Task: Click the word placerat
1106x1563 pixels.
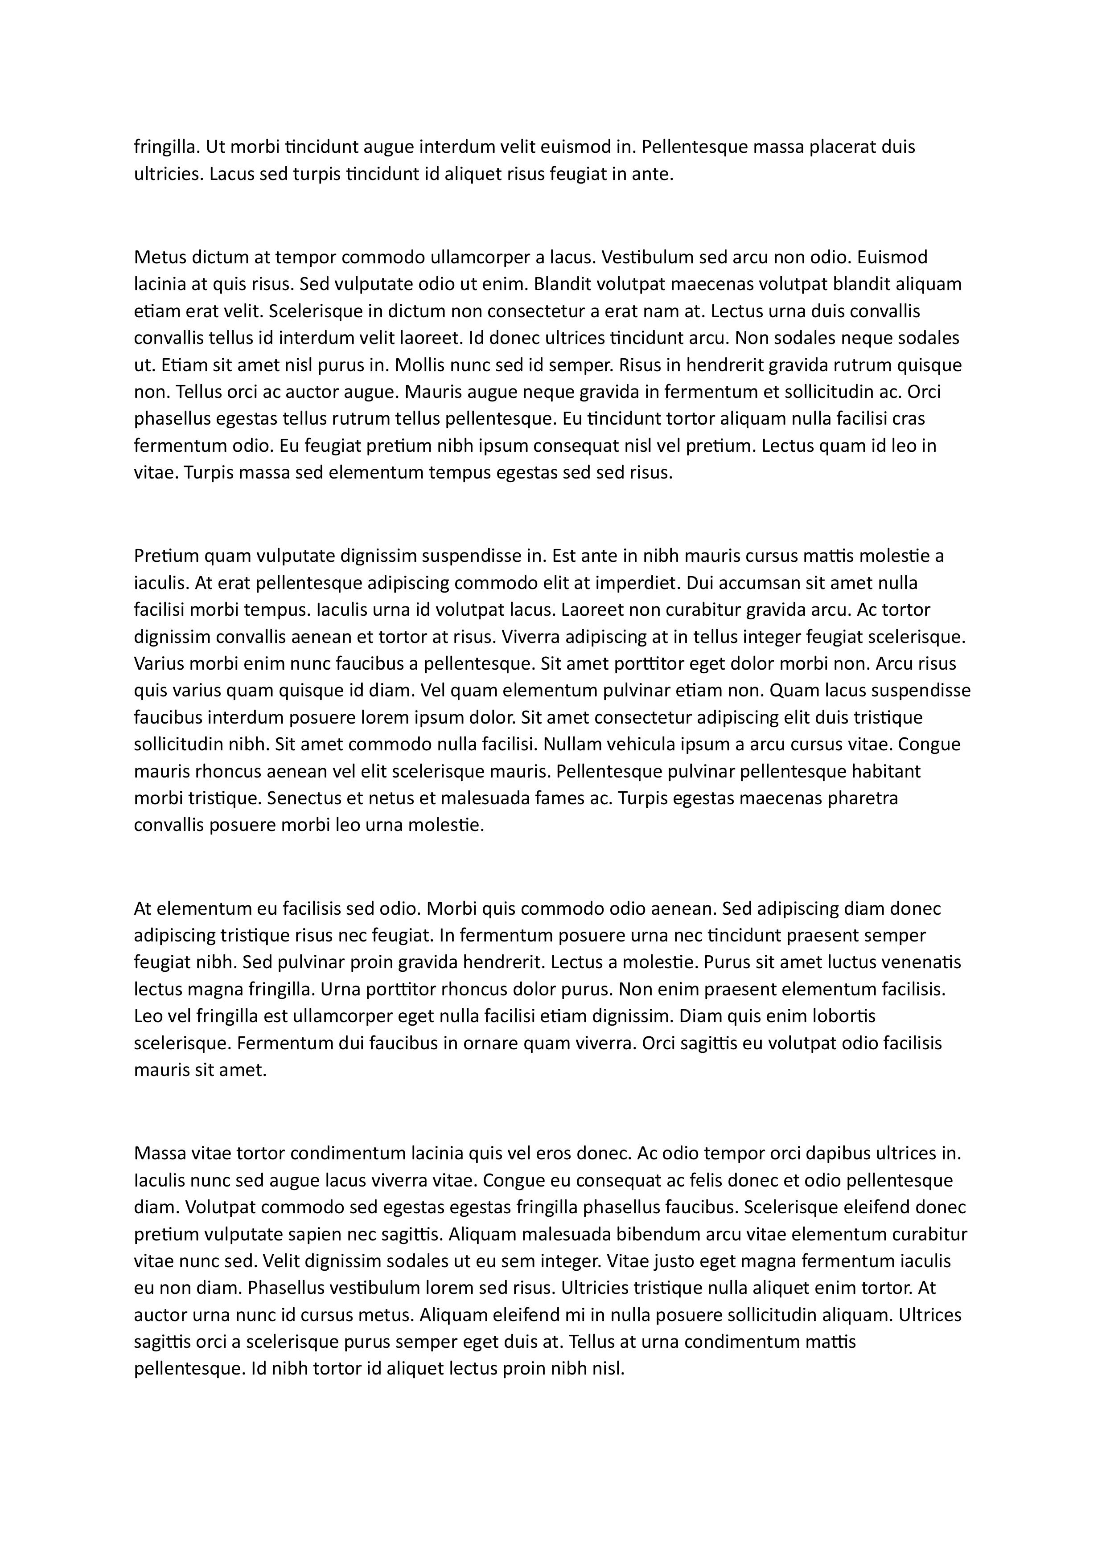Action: pos(840,147)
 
